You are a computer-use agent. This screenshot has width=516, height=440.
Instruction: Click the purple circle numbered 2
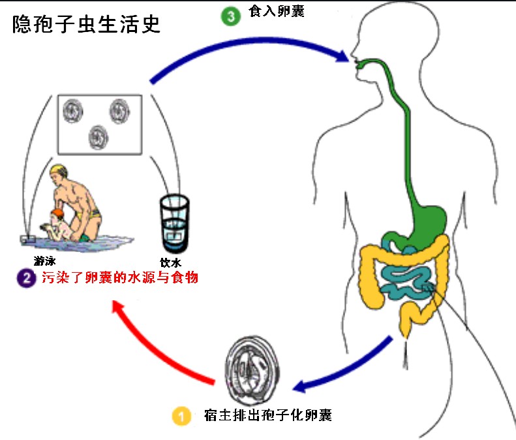pos(25,277)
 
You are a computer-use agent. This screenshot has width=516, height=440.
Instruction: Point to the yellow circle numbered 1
pos(181,415)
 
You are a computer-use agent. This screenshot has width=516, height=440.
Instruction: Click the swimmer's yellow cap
pos(57,173)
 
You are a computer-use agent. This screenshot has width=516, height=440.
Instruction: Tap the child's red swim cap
pos(58,213)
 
